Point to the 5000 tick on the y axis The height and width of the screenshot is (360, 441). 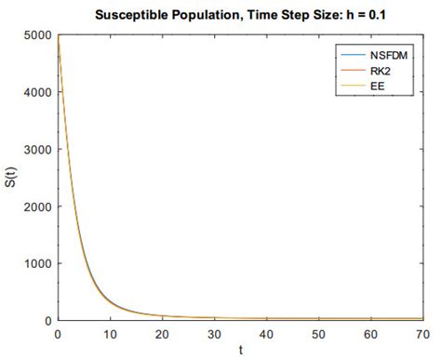click(x=38, y=35)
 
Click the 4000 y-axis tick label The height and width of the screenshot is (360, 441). click(x=38, y=92)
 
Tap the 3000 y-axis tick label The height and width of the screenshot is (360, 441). click(x=38, y=149)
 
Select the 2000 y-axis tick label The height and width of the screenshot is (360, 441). click(x=38, y=207)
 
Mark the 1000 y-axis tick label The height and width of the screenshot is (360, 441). click(x=38, y=263)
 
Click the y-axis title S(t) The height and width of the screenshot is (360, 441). click(x=11, y=178)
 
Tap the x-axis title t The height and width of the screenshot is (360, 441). click(x=241, y=351)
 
